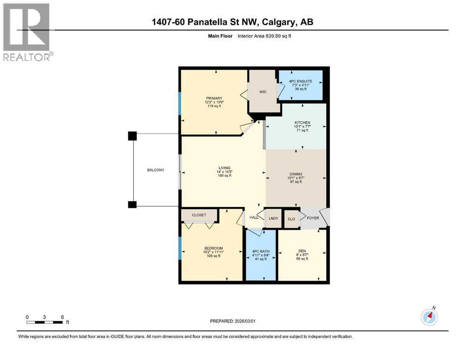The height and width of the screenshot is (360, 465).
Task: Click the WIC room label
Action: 263,91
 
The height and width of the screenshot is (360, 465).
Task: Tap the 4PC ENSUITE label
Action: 301,81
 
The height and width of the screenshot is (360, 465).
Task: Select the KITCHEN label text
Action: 303,123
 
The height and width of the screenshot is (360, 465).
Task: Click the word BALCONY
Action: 155,170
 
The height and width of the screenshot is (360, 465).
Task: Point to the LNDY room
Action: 273,218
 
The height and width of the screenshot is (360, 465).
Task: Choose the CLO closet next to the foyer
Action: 291,219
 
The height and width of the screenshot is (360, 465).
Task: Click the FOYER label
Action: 313,217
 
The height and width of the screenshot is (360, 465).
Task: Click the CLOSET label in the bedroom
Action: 199,215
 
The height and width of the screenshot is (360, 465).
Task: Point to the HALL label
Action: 254,217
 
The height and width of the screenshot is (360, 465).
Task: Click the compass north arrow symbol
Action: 429,317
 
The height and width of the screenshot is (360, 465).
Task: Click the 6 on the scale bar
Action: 62,317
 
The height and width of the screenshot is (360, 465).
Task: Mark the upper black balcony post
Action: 133,136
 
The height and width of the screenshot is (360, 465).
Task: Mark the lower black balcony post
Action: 133,204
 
